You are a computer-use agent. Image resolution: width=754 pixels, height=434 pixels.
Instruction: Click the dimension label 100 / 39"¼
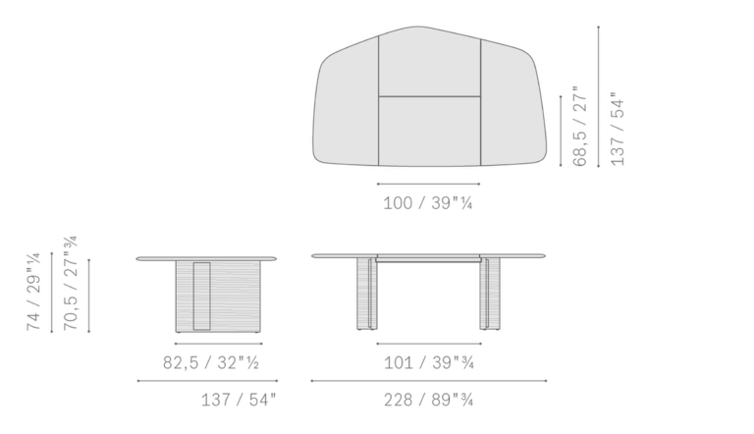[x=427, y=203]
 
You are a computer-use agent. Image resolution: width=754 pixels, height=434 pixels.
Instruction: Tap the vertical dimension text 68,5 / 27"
[x=580, y=127]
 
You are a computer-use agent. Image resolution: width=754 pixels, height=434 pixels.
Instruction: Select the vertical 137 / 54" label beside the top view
[x=617, y=129]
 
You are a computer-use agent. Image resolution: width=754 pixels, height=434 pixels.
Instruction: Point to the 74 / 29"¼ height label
[x=33, y=292]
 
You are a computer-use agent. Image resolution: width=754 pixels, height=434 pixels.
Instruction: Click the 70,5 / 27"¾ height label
[x=71, y=283]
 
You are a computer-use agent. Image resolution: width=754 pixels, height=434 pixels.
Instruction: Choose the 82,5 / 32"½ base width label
[x=211, y=362]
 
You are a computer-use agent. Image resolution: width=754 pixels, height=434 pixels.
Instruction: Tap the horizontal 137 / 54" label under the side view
[x=239, y=400]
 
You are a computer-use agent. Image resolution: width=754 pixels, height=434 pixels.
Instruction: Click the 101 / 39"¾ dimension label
[x=429, y=362]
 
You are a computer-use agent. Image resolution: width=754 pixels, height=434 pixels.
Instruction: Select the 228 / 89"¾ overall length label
[x=428, y=400]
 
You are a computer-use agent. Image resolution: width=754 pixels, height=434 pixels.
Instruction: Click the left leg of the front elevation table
[x=367, y=294]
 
